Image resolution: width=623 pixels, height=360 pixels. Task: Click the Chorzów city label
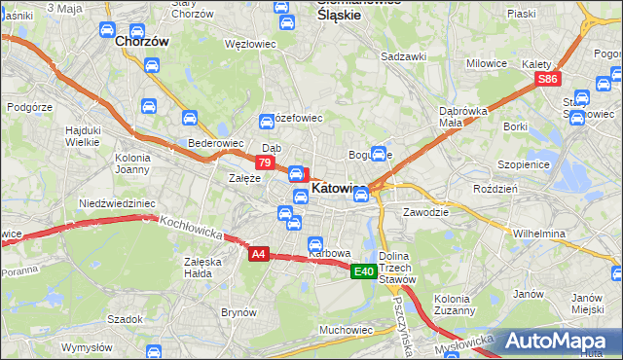(142, 43)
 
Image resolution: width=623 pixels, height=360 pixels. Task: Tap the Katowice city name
(339, 189)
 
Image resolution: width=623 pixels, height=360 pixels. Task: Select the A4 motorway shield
(257, 255)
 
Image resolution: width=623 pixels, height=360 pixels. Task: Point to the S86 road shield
(548, 79)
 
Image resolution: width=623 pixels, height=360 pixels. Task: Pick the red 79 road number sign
(264, 162)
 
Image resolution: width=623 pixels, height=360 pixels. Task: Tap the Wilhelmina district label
(539, 234)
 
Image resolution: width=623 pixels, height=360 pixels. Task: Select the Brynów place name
(238, 312)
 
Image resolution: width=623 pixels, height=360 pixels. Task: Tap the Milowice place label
(487, 63)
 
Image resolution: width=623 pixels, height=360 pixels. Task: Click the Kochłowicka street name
(190, 227)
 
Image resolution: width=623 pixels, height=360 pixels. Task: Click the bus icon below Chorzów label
(151, 65)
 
